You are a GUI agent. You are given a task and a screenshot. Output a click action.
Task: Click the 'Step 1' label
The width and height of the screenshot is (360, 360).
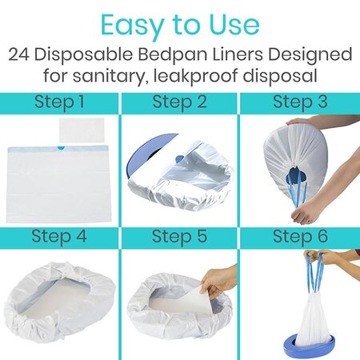coord(59,102)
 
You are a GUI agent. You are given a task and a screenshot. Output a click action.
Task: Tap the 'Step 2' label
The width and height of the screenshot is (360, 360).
coord(180,102)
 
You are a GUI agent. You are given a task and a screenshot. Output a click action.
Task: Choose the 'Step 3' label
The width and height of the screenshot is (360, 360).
coord(300,102)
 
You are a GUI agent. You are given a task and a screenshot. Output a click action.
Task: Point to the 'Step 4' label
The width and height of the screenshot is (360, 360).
coord(59,236)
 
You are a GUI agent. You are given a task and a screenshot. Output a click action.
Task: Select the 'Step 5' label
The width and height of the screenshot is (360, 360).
coord(180,236)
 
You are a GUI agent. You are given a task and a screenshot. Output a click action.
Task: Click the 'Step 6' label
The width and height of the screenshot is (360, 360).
coord(300,236)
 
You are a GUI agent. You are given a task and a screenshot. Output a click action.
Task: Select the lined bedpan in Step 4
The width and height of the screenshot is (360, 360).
coord(59,300)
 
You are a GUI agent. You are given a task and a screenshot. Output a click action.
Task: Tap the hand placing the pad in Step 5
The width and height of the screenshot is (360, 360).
coord(218,280)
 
